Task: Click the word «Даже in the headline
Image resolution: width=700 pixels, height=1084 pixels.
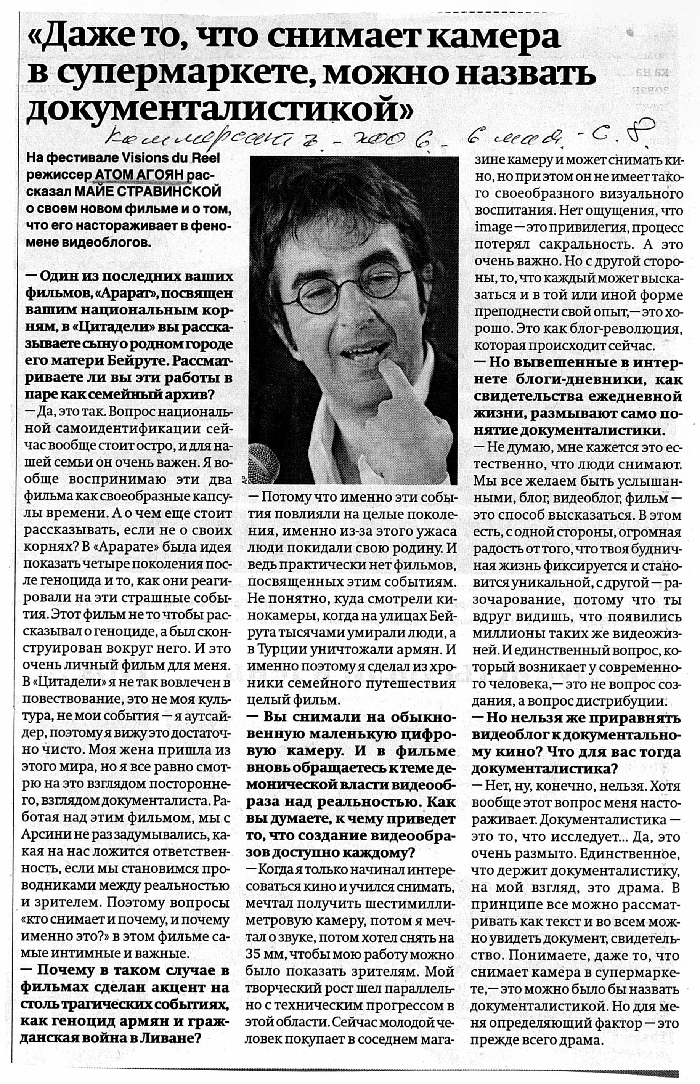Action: coord(80,38)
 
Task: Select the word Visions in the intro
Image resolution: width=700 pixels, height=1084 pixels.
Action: coord(143,159)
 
